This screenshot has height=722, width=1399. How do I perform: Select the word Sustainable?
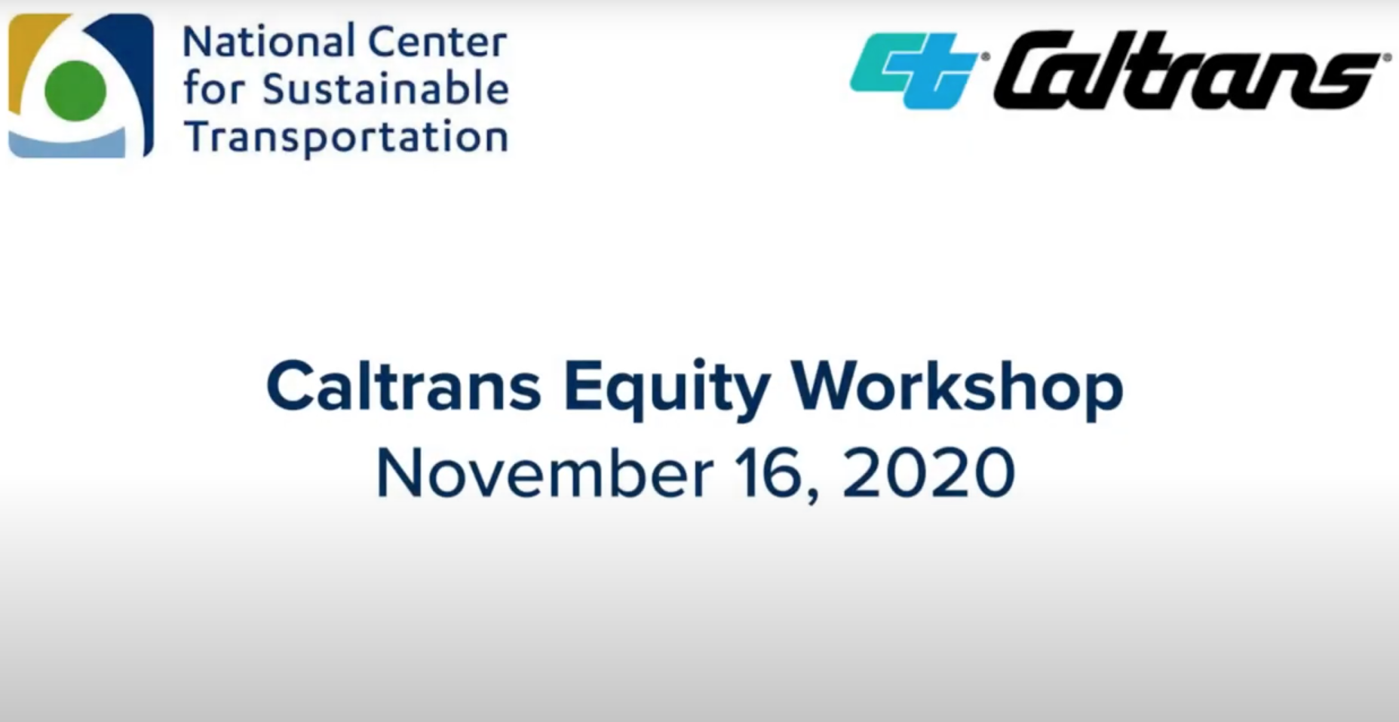pos(385,89)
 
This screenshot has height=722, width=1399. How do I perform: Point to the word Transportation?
pos(346,137)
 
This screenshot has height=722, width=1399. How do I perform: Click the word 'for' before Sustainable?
pos(214,89)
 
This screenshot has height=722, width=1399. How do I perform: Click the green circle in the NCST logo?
pos(75,91)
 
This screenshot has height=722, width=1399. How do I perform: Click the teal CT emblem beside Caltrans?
pos(915,71)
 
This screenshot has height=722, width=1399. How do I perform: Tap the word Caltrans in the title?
pos(404,386)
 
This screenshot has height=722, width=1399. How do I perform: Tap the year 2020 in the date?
pos(928,473)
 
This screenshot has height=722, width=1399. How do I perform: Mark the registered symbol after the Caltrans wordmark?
pos(1385,57)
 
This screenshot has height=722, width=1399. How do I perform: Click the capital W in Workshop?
pos(830,386)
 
